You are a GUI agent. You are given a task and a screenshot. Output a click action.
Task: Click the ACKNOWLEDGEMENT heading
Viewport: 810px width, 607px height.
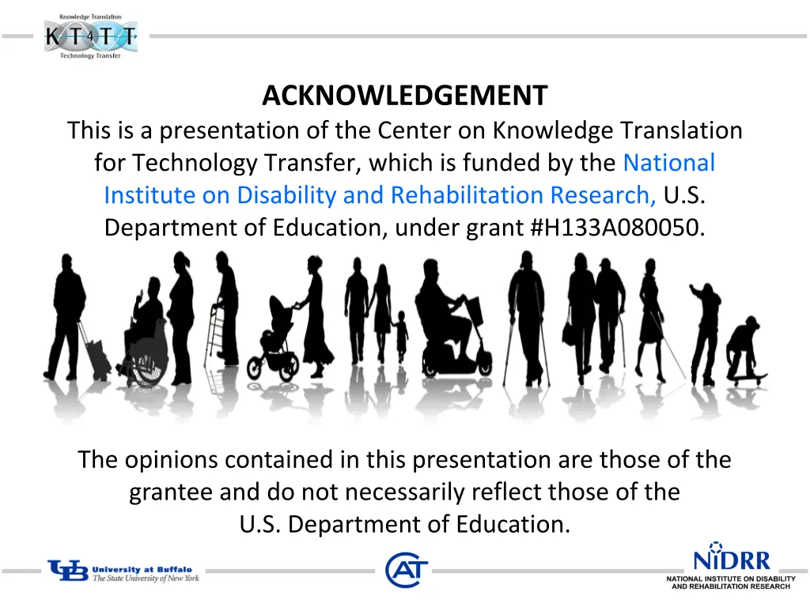click(x=404, y=96)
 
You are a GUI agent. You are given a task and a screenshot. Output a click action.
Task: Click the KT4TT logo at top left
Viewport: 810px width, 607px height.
click(x=90, y=36)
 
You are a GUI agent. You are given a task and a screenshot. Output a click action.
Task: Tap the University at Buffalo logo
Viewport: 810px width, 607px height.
click(x=123, y=571)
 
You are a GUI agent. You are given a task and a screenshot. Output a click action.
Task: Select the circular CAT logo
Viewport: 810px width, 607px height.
click(x=407, y=570)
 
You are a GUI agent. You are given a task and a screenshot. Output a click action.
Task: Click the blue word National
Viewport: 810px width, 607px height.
click(x=668, y=163)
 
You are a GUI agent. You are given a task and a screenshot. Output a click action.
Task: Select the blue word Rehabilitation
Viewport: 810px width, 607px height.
click(x=467, y=195)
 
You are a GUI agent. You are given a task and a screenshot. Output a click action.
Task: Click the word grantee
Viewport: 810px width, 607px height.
click(x=172, y=492)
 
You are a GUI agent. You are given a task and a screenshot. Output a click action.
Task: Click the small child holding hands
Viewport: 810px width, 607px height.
click(x=402, y=336)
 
